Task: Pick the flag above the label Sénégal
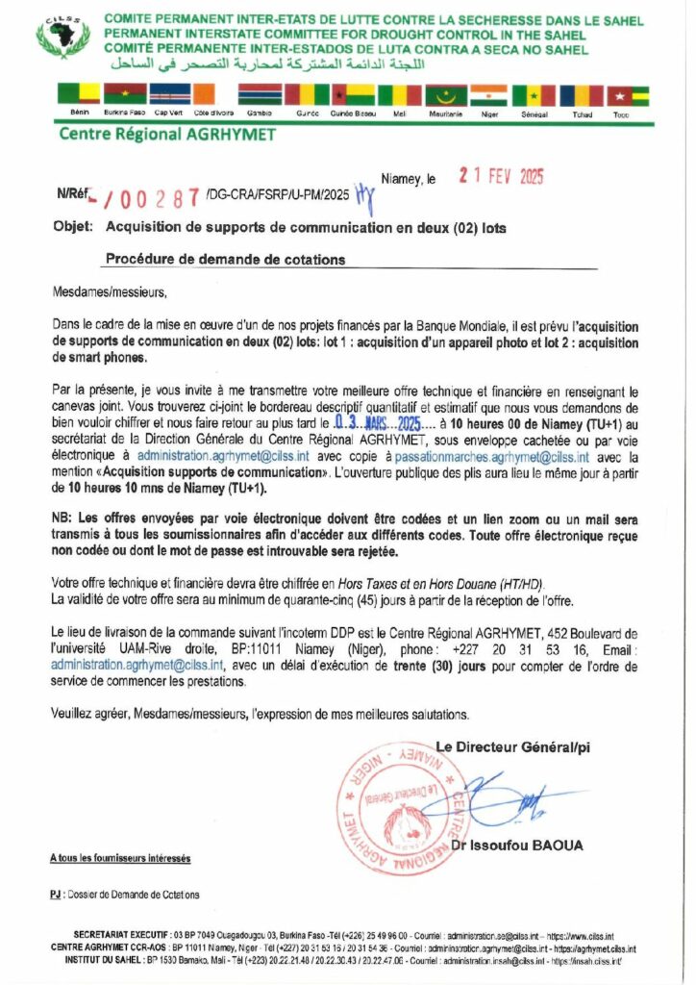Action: click(534, 95)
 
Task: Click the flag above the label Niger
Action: click(490, 95)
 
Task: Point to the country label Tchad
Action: click(582, 114)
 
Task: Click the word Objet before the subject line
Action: click(74, 228)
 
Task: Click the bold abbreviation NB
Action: click(63, 518)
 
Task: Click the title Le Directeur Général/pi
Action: click(512, 746)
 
